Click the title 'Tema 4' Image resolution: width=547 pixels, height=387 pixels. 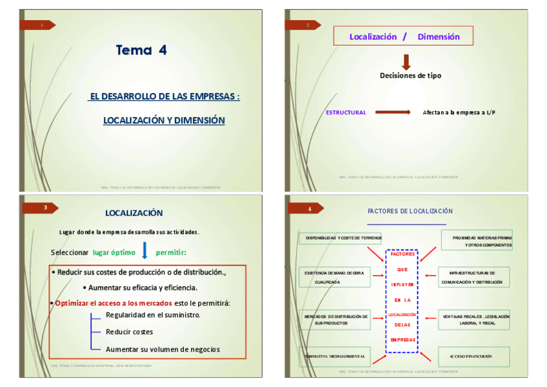(x=141, y=50)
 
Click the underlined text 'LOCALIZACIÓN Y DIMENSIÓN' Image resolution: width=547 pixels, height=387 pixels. (x=164, y=120)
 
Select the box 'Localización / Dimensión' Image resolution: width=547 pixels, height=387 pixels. (x=403, y=36)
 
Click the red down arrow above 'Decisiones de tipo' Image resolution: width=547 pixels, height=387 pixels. (x=406, y=62)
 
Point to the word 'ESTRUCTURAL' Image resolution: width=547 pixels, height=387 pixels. (x=346, y=112)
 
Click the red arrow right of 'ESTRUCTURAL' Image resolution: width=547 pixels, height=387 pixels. (x=393, y=112)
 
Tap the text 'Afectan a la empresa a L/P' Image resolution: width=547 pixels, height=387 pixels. (x=459, y=112)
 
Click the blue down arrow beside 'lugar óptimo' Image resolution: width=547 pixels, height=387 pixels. (x=144, y=250)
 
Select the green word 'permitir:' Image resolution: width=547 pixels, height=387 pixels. (x=170, y=252)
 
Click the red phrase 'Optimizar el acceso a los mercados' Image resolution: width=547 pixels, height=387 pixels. (x=114, y=303)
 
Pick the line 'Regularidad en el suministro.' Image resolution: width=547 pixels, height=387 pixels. (x=153, y=315)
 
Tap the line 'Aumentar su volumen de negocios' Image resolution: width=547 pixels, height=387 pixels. (x=163, y=350)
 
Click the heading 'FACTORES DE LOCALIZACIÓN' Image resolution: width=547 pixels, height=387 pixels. (x=410, y=211)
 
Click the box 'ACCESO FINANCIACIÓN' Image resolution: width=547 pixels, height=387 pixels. (x=474, y=357)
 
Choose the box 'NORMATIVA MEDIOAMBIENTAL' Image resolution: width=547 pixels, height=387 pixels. (x=335, y=357)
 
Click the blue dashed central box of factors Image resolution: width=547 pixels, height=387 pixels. (x=402, y=301)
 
